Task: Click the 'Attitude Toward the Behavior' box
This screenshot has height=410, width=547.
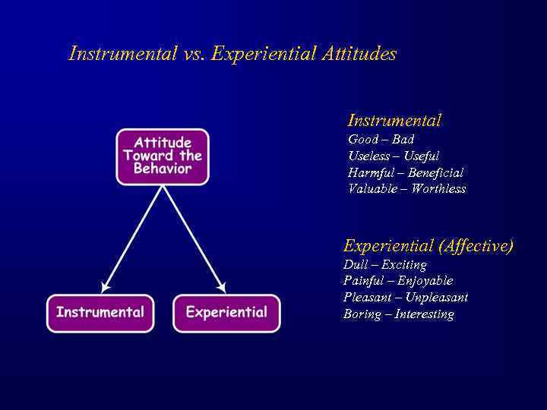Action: click(x=162, y=156)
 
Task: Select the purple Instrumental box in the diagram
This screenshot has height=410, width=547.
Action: click(x=100, y=313)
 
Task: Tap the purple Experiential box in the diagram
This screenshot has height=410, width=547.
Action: click(x=226, y=313)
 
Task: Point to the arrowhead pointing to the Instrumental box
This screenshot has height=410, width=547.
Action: click(x=105, y=287)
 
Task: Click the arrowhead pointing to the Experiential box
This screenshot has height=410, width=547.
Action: click(x=221, y=287)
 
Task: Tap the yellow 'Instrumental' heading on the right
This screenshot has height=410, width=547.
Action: click(x=394, y=121)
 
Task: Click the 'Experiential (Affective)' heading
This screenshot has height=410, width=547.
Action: click(x=428, y=246)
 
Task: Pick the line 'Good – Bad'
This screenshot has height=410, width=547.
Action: click(x=381, y=140)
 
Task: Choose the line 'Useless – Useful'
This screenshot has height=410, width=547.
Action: click(x=394, y=156)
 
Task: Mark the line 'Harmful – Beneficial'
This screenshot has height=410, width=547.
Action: click(x=406, y=173)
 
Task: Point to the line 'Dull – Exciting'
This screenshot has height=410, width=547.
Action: click(x=384, y=265)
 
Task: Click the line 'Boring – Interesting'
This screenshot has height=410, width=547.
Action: click(x=398, y=314)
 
